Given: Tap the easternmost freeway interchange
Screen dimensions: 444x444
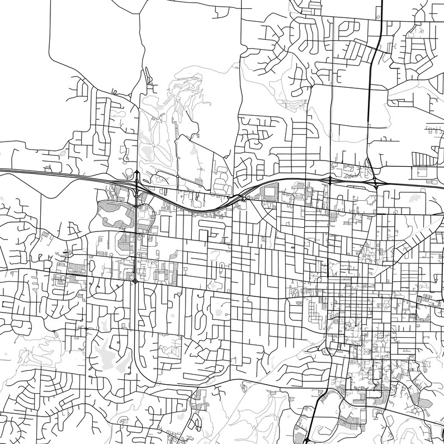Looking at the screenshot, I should pyautogui.click(x=376, y=183).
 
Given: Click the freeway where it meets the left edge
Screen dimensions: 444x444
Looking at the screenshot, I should pyautogui.click(x=2, y=169).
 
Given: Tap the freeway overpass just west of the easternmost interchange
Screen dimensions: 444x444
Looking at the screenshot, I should pyautogui.click(x=330, y=182).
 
